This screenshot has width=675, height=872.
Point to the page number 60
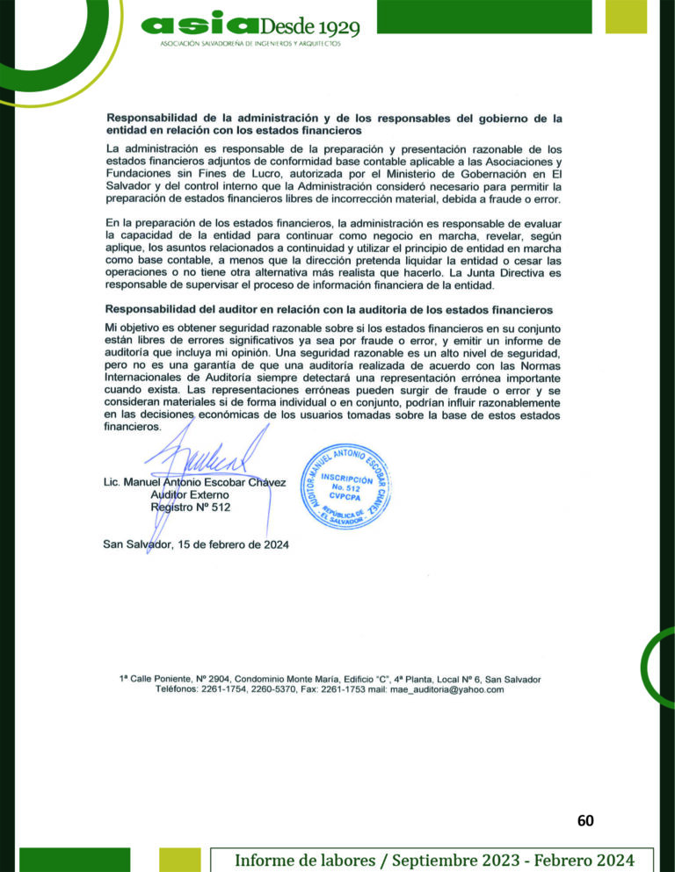[x=585, y=821]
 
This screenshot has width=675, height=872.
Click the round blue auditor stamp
[x=349, y=485]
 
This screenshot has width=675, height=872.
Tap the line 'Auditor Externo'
[x=192, y=495]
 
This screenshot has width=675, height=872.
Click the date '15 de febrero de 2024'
[x=234, y=544]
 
